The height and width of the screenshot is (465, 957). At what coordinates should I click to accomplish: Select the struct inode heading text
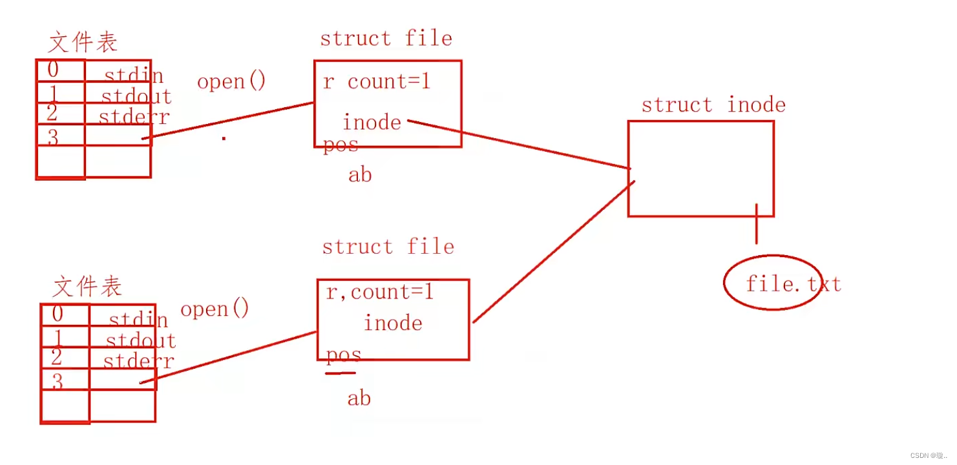[x=713, y=105]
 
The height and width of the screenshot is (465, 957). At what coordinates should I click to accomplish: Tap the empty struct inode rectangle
[x=700, y=168]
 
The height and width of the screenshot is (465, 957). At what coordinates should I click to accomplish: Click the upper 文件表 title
[x=83, y=43]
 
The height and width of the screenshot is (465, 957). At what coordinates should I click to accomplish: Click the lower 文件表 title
[x=87, y=286]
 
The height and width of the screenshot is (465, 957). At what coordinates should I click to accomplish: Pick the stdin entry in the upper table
[x=134, y=76]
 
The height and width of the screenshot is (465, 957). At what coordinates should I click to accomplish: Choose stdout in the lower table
[x=140, y=340]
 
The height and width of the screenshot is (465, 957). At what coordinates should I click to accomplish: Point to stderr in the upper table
[x=133, y=117]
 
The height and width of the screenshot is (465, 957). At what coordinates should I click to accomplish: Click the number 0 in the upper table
[x=52, y=69]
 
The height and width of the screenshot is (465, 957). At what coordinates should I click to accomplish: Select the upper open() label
[x=231, y=81]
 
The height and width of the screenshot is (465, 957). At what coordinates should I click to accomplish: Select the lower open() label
[x=215, y=309]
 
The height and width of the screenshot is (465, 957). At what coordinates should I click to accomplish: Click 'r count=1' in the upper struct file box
[x=377, y=82]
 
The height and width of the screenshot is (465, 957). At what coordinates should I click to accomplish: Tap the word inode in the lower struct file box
[x=393, y=323]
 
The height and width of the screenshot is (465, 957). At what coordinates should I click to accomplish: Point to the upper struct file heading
[x=386, y=38]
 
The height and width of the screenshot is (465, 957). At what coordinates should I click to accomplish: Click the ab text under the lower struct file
[x=359, y=398]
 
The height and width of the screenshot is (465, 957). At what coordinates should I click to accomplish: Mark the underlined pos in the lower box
[x=343, y=356]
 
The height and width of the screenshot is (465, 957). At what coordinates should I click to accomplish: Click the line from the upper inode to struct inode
[x=517, y=144]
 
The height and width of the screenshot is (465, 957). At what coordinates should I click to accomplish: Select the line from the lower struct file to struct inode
[x=552, y=252]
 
